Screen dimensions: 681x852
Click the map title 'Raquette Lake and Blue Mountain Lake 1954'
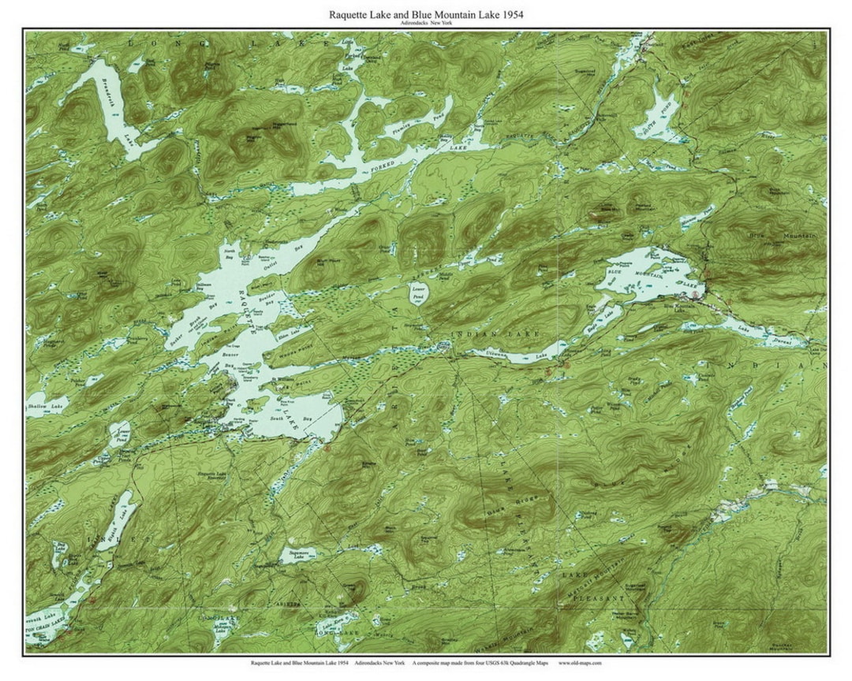click(x=425, y=14)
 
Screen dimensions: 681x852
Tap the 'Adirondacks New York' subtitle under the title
click(x=425, y=24)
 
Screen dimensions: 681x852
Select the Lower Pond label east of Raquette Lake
click(x=419, y=290)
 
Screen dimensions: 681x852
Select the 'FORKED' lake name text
click(x=376, y=168)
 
